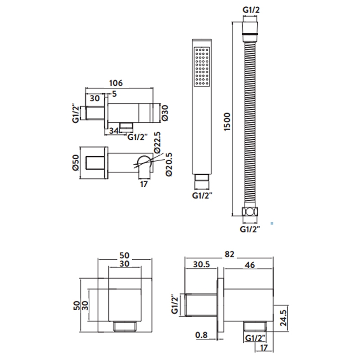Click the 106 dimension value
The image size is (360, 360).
[117, 83]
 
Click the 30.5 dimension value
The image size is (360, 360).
[202, 265]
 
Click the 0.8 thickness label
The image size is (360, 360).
[202, 334]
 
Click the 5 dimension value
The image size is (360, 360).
[114, 94]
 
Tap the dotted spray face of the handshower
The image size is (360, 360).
[201, 66]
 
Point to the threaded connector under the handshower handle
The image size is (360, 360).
[201, 182]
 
